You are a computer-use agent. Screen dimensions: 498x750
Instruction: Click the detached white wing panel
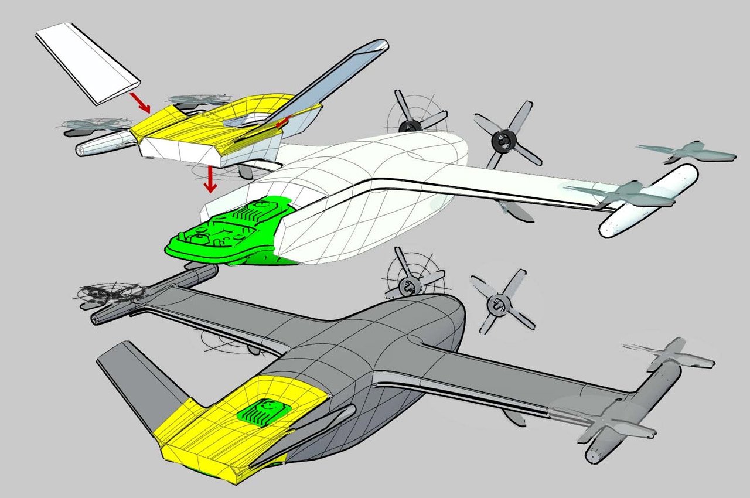(88, 64)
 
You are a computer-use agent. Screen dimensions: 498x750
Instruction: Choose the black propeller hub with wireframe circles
(408, 124)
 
